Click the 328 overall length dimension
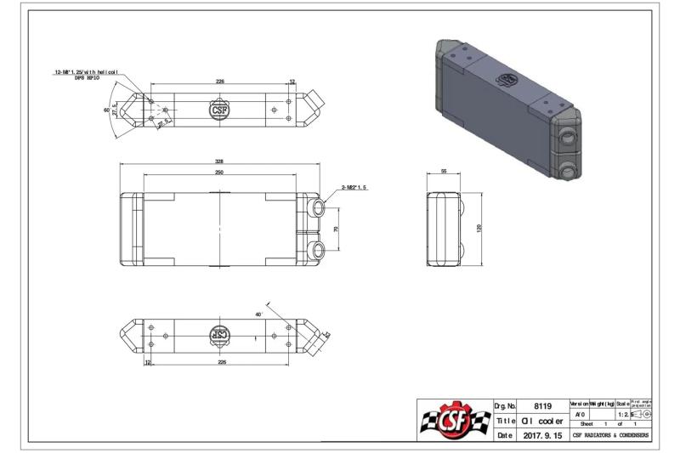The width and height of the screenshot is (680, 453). (220, 160)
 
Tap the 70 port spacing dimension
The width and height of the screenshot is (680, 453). (336, 229)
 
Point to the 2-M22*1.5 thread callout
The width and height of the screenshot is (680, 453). (354, 187)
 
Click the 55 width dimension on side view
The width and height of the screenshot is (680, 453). (445, 171)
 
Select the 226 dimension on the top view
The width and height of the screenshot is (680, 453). (219, 82)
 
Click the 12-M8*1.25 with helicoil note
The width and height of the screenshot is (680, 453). (86, 74)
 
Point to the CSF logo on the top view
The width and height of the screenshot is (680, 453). (219, 110)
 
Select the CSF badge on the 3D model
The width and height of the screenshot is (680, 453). (508, 78)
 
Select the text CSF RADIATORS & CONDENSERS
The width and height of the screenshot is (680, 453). (610, 435)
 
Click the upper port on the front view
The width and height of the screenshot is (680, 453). (317, 208)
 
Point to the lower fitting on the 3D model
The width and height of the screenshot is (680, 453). (569, 170)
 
